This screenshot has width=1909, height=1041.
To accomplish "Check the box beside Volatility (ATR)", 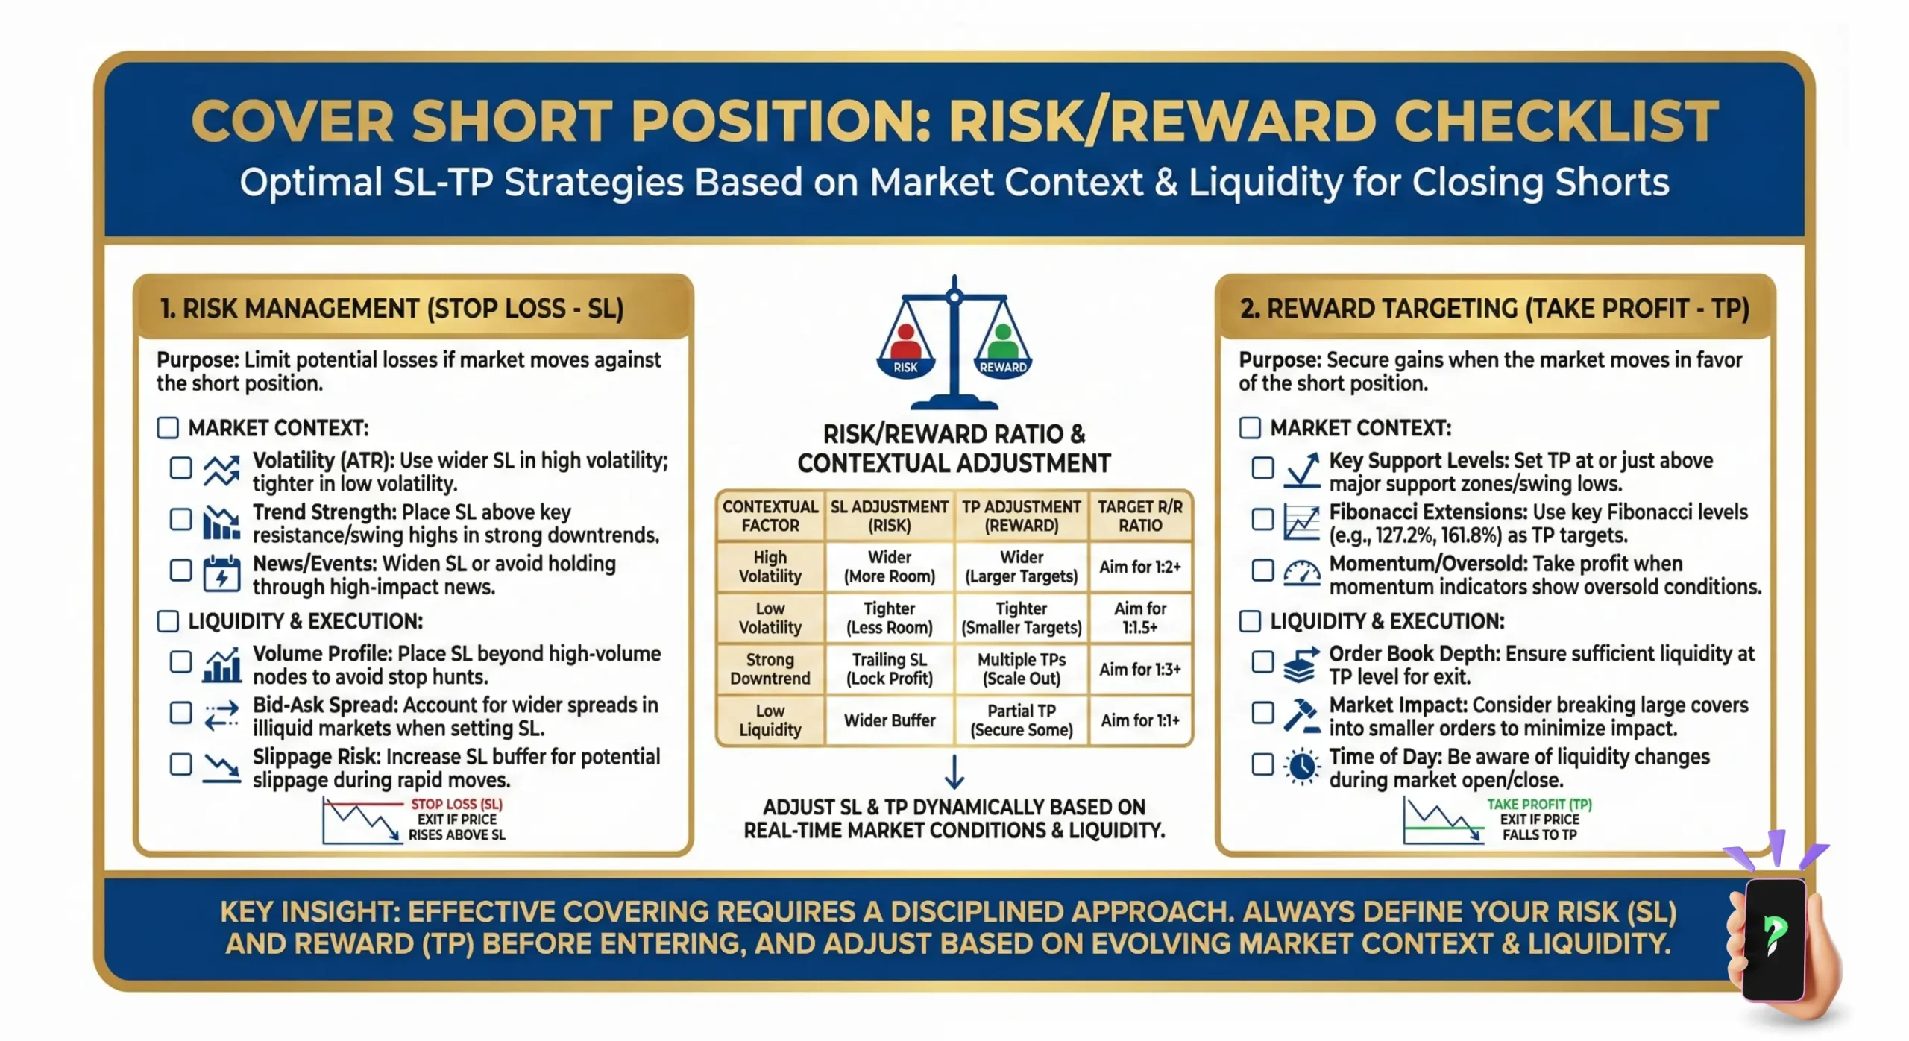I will coord(180,468).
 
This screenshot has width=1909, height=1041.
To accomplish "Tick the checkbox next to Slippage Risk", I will coord(180,764).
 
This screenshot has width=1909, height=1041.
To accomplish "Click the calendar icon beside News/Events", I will coord(221,573).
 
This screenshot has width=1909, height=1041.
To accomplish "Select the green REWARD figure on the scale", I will coord(1003,343).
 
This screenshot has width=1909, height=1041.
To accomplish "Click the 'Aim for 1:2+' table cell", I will coord(1139,567).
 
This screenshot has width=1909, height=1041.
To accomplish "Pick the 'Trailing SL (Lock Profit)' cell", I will coord(889,669).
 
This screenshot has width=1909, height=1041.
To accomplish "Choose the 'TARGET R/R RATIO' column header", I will coord(1139,516).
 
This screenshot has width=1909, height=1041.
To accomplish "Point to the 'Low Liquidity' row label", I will coord(770,720).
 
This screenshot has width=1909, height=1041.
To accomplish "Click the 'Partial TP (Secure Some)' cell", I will coord(1021,720).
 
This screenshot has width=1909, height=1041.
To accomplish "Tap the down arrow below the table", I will coord(954,772).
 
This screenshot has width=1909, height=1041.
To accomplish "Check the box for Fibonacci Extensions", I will coord(1262,519).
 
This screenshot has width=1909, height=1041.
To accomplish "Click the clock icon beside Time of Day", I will coord(1302,766).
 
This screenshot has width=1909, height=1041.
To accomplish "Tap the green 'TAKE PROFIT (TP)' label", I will coord(1539,804).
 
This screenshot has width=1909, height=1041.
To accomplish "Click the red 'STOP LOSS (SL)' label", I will coord(456,804).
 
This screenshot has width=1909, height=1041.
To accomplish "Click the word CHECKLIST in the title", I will coord(1556,121).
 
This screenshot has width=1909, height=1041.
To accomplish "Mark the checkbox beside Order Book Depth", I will coord(1262,661).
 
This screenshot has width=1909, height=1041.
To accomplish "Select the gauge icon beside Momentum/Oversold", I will coord(1302,573).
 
